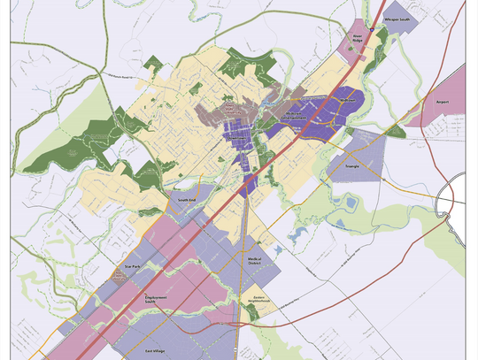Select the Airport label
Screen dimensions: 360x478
pos(443,102)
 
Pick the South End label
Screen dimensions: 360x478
pos(185,201)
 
